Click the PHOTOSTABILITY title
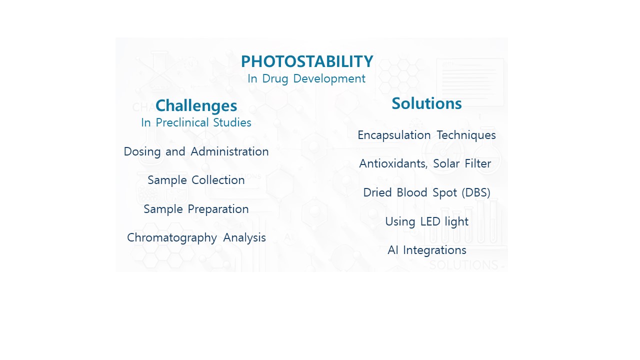click(x=307, y=61)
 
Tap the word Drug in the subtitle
click(x=275, y=79)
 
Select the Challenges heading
click(x=196, y=105)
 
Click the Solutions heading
click(x=426, y=103)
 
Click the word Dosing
click(x=142, y=151)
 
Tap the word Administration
click(x=229, y=151)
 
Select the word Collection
click(x=218, y=180)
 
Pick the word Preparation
click(x=218, y=209)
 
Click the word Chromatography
click(x=171, y=237)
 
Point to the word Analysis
click(x=244, y=237)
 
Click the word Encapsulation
click(x=394, y=135)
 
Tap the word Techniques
click(x=466, y=135)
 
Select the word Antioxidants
click(x=393, y=163)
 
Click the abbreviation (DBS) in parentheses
click(x=476, y=192)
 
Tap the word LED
click(x=430, y=221)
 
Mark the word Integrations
click(x=434, y=250)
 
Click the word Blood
click(x=411, y=192)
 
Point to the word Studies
click(x=232, y=122)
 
